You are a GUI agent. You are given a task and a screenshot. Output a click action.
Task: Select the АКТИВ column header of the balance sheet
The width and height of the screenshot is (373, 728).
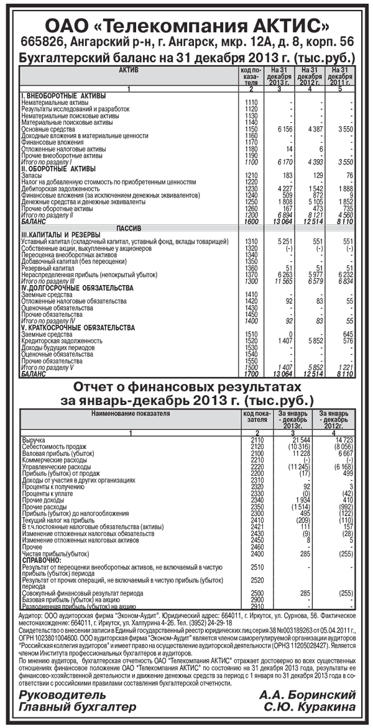pos(128,71)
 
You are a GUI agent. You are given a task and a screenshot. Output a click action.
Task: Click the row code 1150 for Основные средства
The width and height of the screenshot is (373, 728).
pos(251,129)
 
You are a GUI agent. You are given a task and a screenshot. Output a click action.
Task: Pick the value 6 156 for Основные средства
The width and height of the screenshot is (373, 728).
pos(282,129)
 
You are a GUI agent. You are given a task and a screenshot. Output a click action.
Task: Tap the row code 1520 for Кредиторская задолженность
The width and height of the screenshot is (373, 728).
pos(251,341)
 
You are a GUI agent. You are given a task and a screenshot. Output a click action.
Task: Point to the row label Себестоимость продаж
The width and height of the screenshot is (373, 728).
pos(54,446)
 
